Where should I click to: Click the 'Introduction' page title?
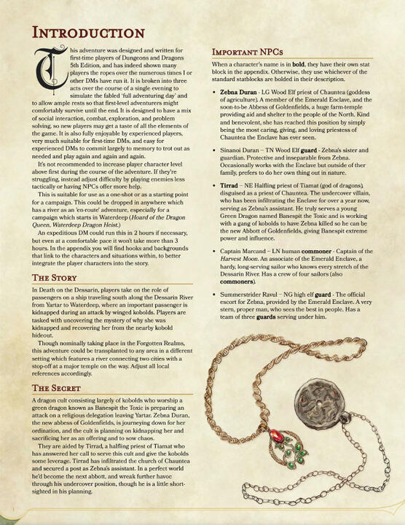[x=79, y=34]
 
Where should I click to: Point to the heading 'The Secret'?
[x=45, y=387]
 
